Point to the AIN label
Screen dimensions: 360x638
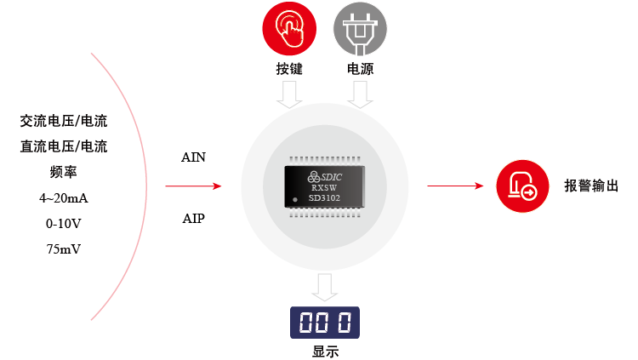(x=193, y=157)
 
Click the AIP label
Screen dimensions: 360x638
(x=193, y=218)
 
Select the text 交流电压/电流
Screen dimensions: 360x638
(x=64, y=122)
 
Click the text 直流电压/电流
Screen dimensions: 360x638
(x=64, y=147)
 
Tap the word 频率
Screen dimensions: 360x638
(x=64, y=173)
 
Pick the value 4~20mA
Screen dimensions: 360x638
(x=64, y=198)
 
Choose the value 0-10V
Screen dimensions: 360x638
(x=64, y=224)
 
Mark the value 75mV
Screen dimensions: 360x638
(x=64, y=249)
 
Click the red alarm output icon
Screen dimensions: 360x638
(x=521, y=186)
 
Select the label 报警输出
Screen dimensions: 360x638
(x=591, y=186)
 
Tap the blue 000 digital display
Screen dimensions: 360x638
(x=324, y=323)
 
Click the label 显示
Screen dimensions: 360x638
(x=324, y=351)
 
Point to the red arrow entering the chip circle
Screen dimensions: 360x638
(x=193, y=186)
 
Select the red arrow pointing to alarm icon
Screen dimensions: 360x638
(x=456, y=186)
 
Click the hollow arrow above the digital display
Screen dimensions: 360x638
(x=324, y=287)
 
